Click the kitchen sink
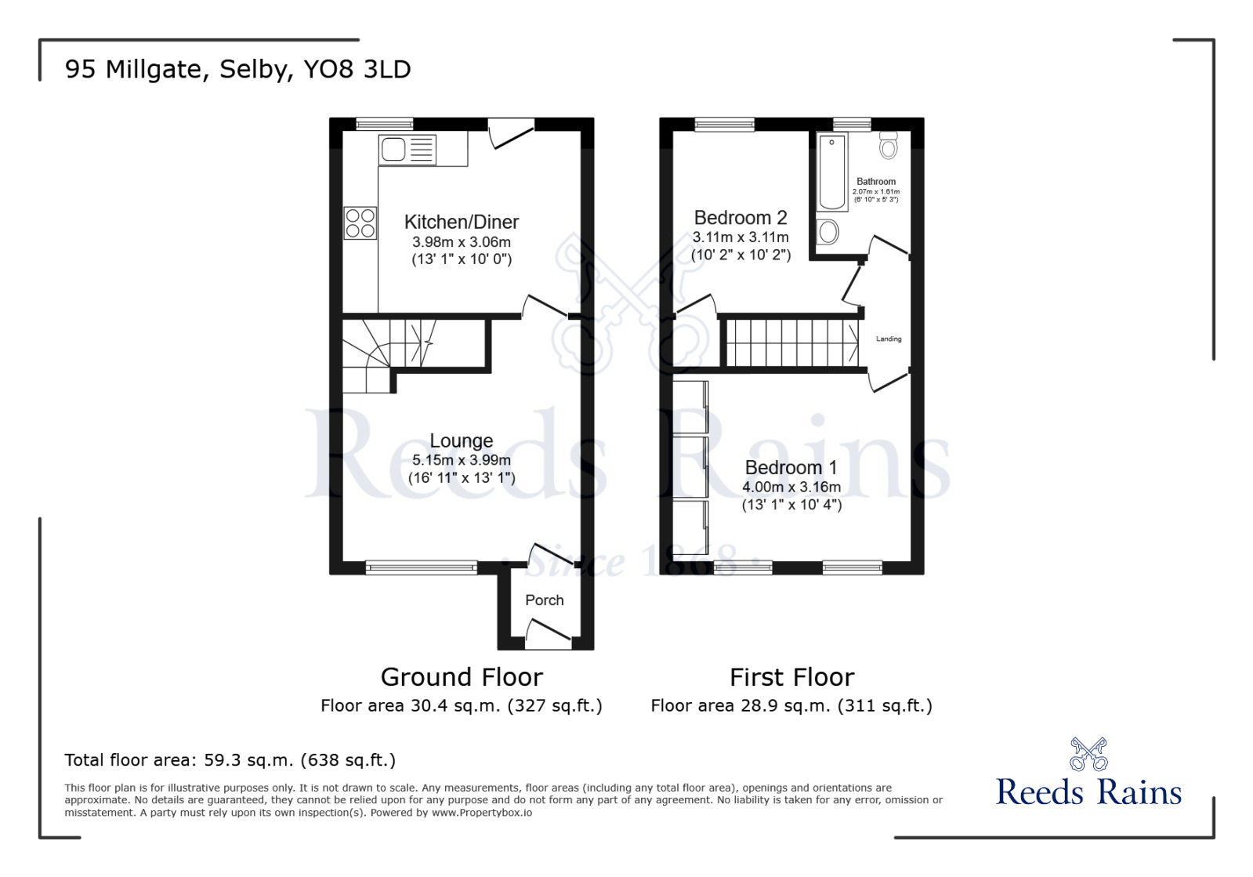(407, 149)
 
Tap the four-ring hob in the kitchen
(360, 223)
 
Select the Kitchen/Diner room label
(461, 222)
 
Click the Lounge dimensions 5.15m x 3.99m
(461, 460)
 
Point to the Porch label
(544, 600)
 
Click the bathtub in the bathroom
(831, 172)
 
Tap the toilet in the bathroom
(888, 146)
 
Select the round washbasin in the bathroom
(827, 232)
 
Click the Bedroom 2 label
(740, 217)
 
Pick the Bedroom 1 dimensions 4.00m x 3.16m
(791, 487)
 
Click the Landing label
(889, 339)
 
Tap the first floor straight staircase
(791, 342)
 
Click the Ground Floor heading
(461, 676)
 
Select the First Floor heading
(791, 676)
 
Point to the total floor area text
(230, 759)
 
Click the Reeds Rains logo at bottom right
(1088, 776)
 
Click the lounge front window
(422, 567)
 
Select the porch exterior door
(548, 636)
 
